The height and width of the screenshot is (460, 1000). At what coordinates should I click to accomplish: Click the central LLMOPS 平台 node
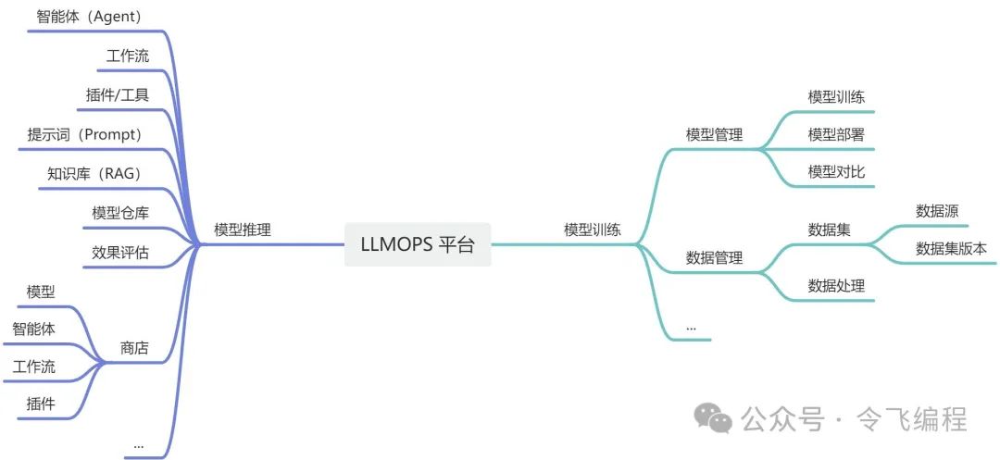[418, 245]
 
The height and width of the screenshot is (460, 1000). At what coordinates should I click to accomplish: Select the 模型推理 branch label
[243, 230]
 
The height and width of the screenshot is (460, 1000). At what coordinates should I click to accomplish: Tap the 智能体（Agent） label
[89, 17]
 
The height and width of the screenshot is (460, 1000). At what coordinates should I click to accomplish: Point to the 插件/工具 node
[117, 95]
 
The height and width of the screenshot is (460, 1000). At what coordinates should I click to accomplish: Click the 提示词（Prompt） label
[84, 134]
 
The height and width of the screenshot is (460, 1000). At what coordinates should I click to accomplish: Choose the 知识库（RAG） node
[94, 173]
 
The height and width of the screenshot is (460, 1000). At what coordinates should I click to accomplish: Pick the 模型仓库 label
[120, 213]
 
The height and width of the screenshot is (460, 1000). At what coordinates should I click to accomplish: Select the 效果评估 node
[120, 252]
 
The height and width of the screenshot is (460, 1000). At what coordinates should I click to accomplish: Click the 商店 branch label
[134, 348]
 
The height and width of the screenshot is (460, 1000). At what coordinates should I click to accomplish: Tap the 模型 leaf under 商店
[41, 292]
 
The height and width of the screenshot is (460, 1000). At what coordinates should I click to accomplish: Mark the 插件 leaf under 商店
[41, 404]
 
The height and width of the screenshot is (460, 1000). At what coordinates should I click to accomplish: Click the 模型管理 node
[714, 134]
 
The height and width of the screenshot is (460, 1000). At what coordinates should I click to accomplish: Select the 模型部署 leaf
[836, 134]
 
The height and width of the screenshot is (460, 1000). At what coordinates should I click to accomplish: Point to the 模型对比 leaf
[836, 172]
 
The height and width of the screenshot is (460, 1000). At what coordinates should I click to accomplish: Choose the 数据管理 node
[714, 258]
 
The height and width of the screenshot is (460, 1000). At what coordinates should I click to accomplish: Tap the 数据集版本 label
[951, 248]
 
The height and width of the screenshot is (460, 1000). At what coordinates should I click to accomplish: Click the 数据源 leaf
[937, 211]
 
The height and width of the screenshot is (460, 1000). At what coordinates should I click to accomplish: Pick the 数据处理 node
[836, 286]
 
